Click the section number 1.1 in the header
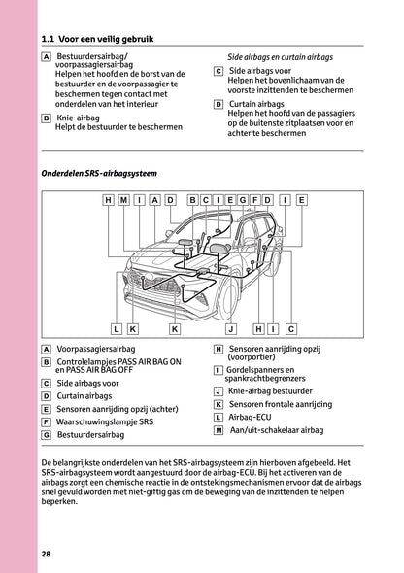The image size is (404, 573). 49,39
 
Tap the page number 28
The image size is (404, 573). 47,554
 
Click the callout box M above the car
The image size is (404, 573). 123,200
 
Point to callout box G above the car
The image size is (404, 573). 243,200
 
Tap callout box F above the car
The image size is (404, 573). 255,200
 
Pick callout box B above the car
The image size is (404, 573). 193,200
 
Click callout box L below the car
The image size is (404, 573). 117,329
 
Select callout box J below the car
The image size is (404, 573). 230,329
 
